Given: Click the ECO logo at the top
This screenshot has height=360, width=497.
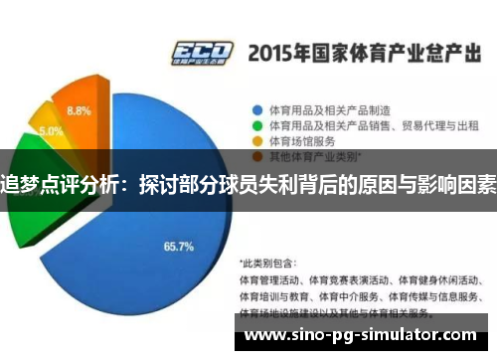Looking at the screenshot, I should click(x=202, y=51).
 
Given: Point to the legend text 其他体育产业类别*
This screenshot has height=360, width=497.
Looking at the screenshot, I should click(x=308, y=156).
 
